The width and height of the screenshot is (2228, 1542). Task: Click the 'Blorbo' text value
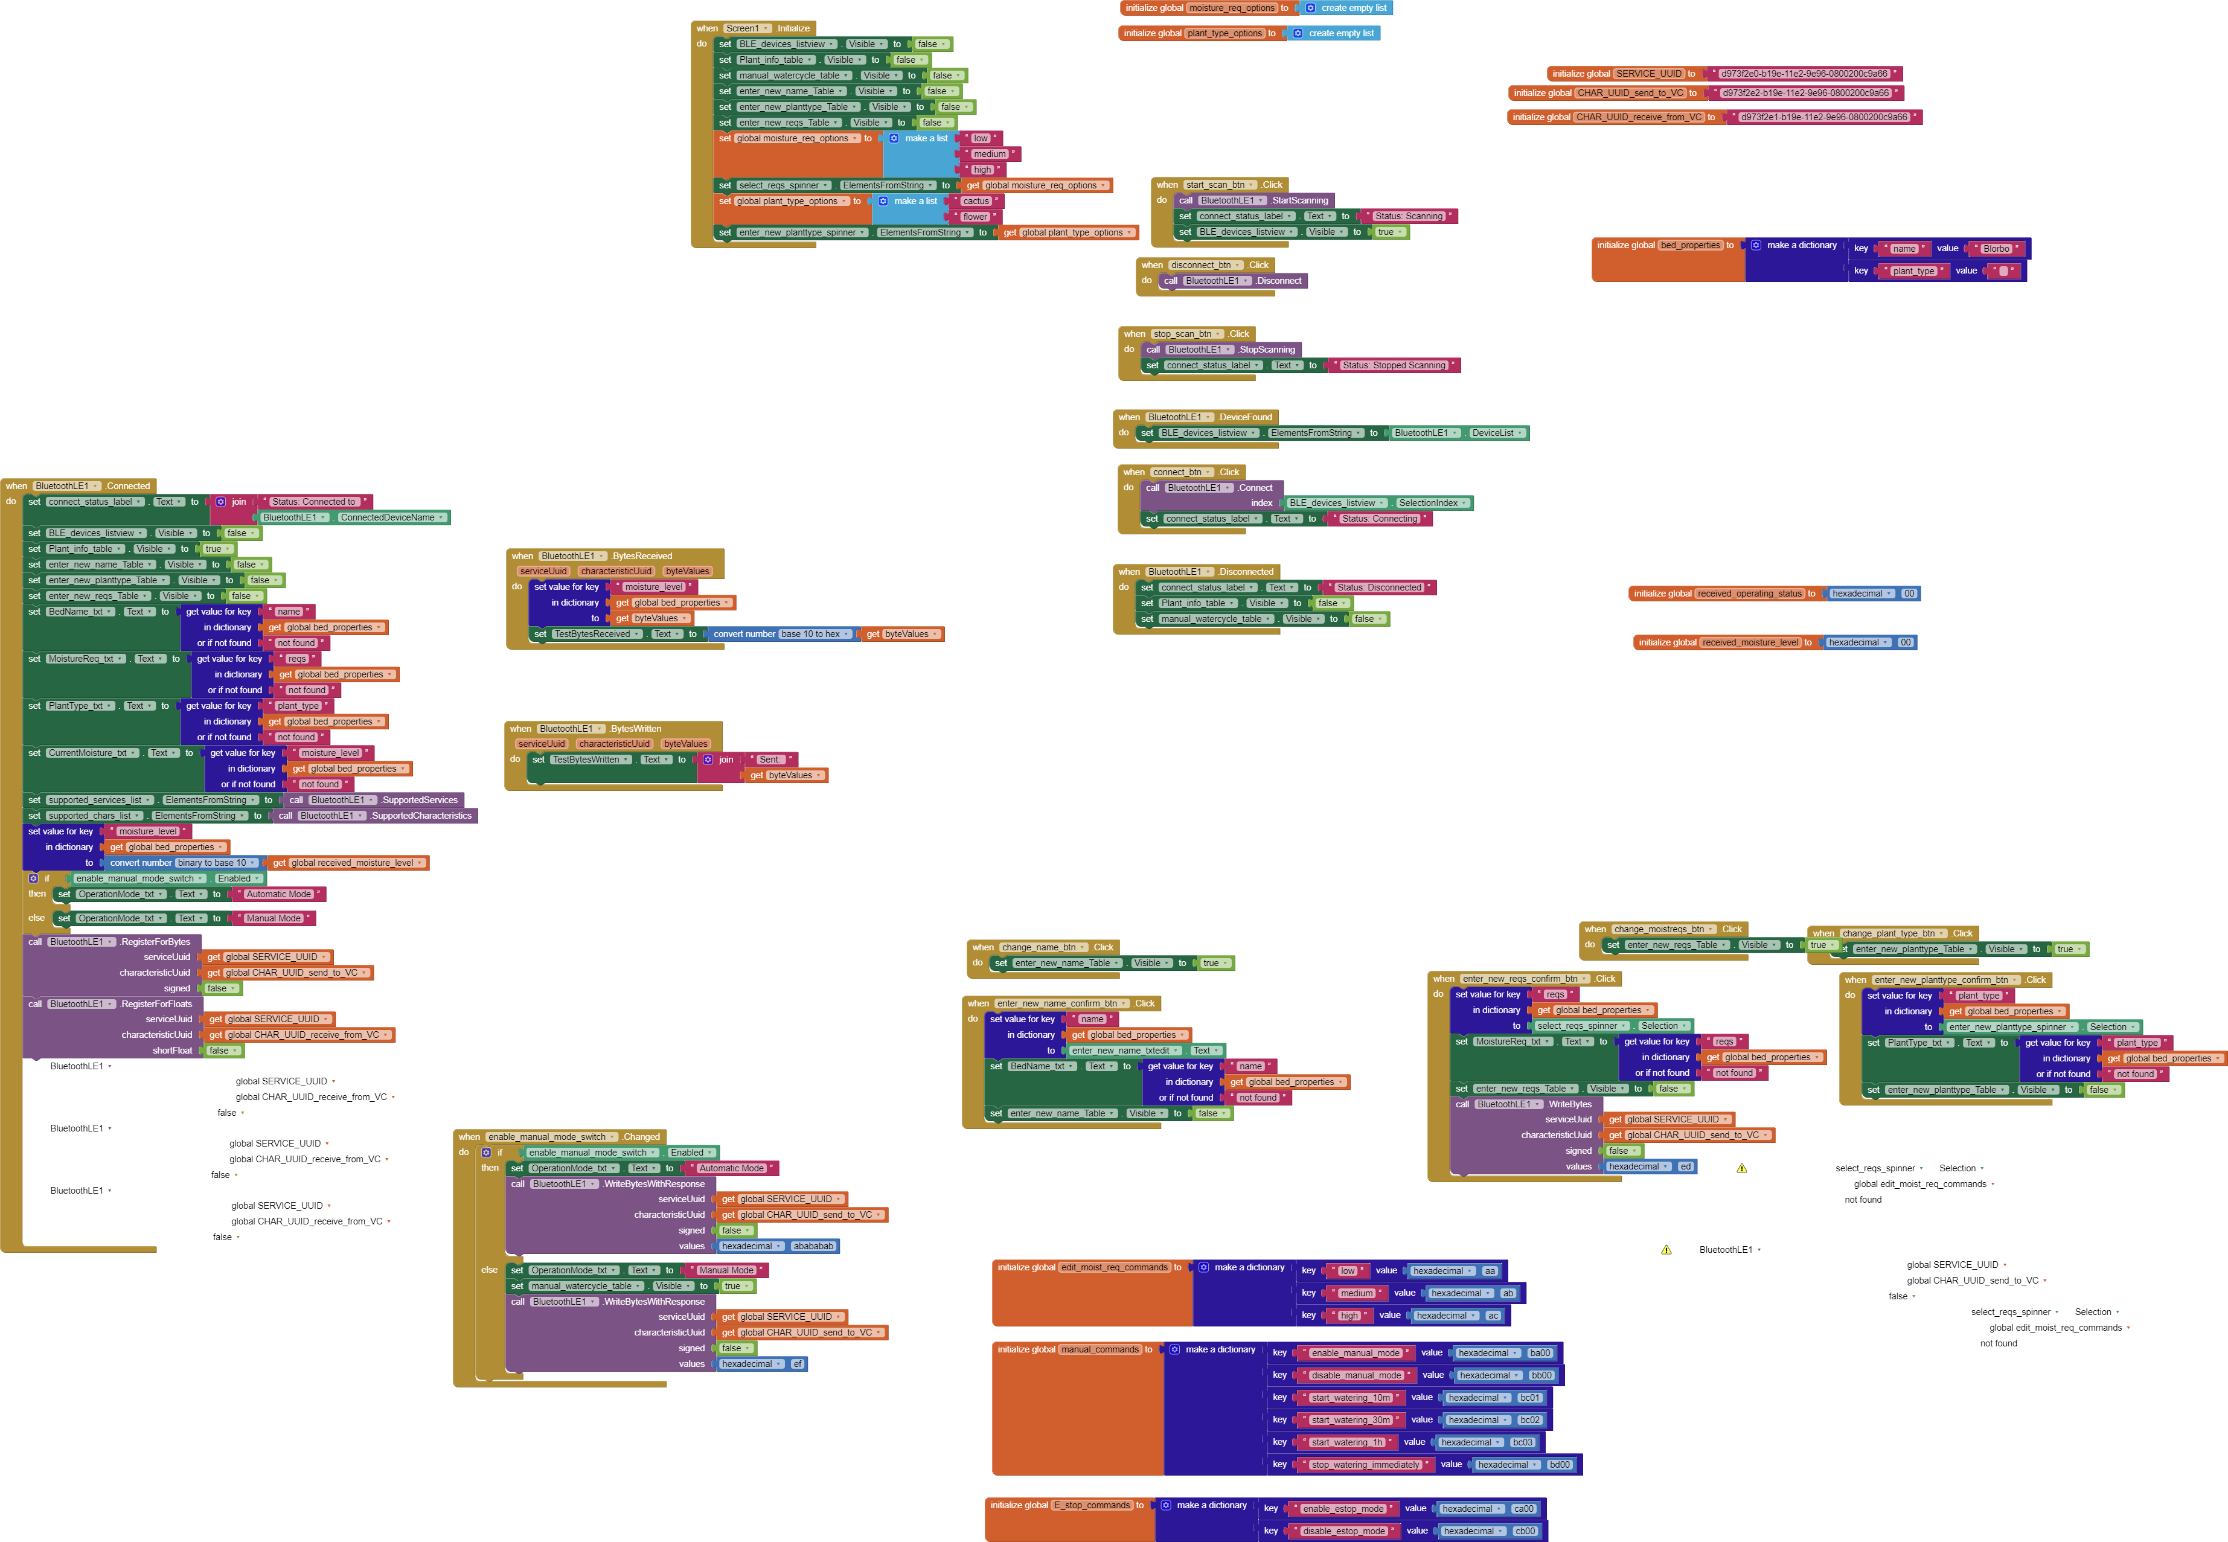pyautogui.click(x=1996, y=248)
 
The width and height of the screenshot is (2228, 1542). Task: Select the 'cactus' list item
pyautogui.click(x=976, y=201)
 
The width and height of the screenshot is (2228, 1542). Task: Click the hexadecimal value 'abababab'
pyautogui.click(x=813, y=1246)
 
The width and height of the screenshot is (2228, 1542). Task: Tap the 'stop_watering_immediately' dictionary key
pyautogui.click(x=1364, y=1465)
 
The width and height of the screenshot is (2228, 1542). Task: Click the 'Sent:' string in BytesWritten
pyautogui.click(x=769, y=760)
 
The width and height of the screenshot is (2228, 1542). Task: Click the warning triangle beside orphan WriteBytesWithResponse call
pyautogui.click(x=1666, y=1250)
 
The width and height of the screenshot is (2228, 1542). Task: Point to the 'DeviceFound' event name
pyautogui.click(x=1246, y=417)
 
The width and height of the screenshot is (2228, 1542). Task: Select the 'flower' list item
pyautogui.click(x=975, y=216)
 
